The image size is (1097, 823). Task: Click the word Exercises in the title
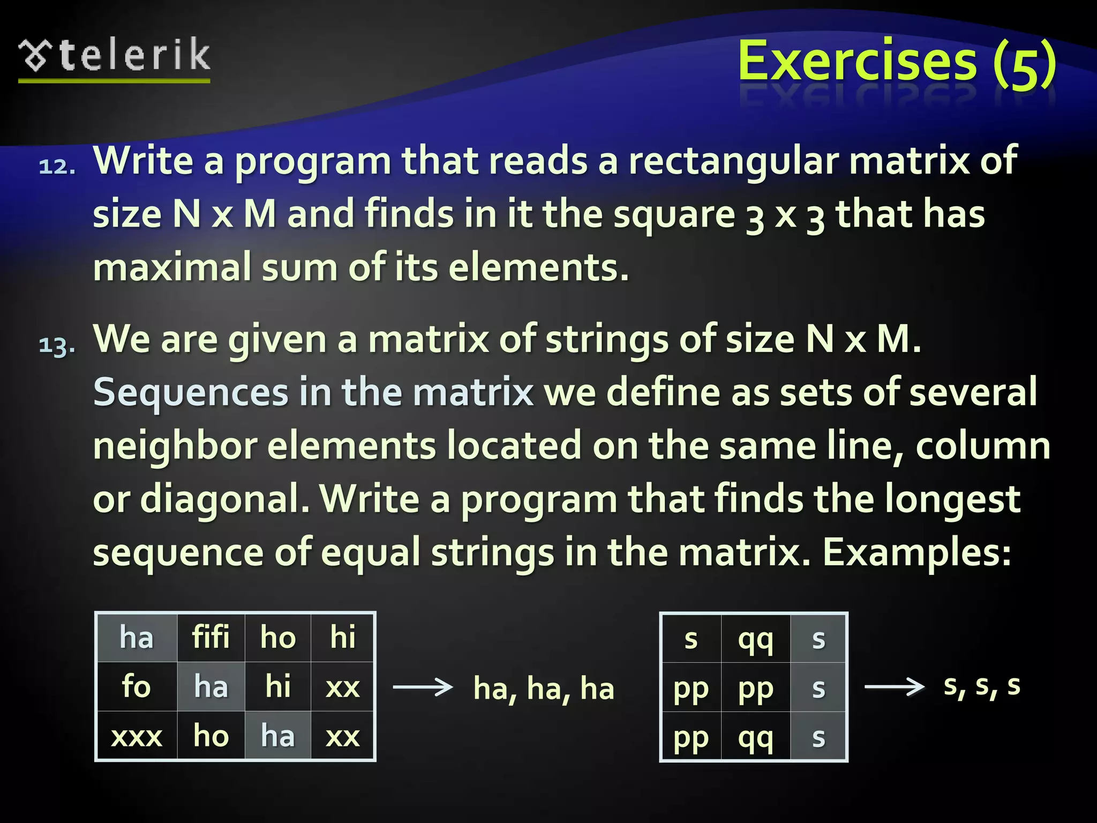coord(857,62)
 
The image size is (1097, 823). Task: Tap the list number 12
coord(57,167)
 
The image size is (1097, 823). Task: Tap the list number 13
coord(57,345)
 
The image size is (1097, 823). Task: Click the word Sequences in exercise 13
coord(191,392)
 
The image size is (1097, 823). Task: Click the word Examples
coord(916,552)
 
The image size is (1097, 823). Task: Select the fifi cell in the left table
coord(211,638)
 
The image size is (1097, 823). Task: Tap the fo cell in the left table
coord(136,687)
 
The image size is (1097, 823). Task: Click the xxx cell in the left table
coord(136,736)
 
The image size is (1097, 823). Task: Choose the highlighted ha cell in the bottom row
coord(277,736)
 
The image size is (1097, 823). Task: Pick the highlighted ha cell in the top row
coord(136,638)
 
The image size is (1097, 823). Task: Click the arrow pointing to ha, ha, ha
coord(423,687)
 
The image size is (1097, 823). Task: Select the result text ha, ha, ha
coord(543,689)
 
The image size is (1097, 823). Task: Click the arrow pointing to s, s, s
coord(894,686)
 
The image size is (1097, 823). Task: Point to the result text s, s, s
coord(982,685)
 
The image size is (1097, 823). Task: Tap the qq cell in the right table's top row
coord(755,639)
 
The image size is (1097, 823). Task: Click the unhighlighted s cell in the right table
coord(691,639)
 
